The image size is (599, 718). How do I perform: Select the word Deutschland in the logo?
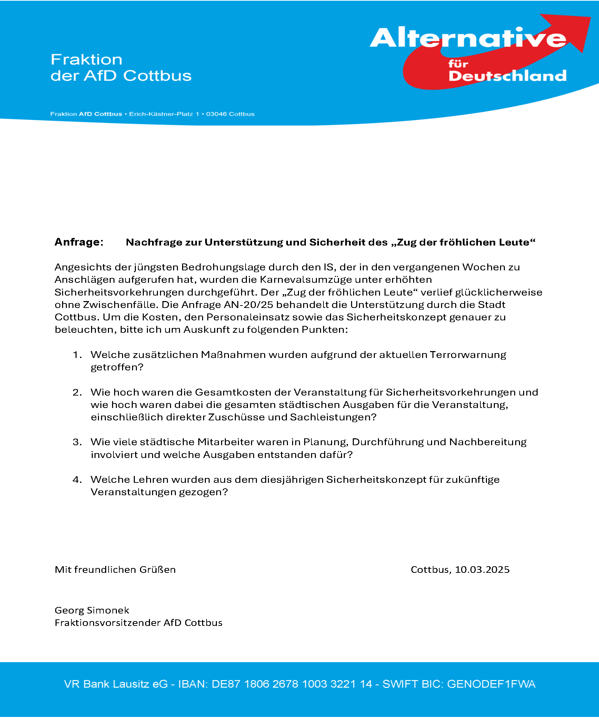(x=507, y=76)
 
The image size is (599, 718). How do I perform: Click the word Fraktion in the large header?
(x=87, y=60)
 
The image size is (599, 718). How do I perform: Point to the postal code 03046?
(x=217, y=114)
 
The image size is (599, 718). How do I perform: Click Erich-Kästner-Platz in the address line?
(x=161, y=114)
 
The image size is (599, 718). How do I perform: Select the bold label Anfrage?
(x=79, y=242)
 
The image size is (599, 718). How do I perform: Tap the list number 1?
(x=77, y=355)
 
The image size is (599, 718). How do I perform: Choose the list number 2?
(x=77, y=392)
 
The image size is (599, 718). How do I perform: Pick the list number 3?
(x=77, y=442)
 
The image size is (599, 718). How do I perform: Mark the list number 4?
(x=77, y=480)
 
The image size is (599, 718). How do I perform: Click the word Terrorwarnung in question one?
(x=468, y=355)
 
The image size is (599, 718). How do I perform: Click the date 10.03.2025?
(x=482, y=570)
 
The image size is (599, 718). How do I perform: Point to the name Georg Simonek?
(x=92, y=610)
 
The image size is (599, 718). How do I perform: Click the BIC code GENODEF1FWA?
(x=491, y=684)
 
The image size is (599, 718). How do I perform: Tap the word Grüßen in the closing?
(x=157, y=570)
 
